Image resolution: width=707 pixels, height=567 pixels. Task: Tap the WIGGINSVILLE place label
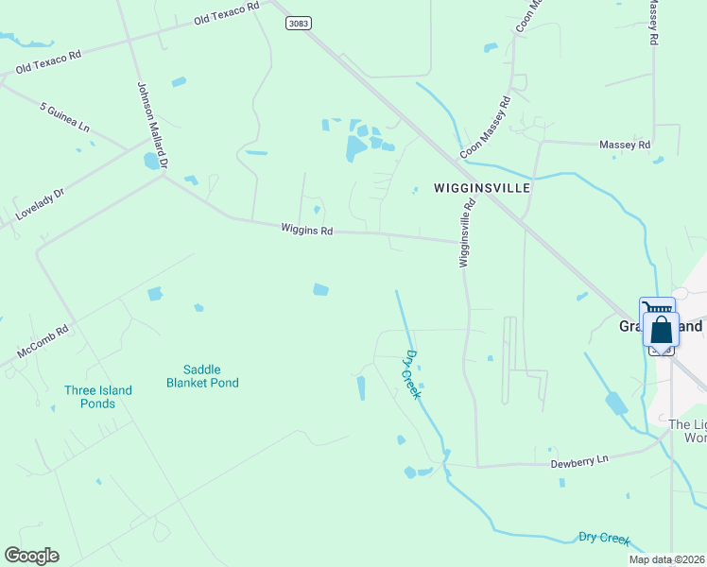tap(481, 188)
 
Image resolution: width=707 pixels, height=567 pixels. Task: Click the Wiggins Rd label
tap(307, 230)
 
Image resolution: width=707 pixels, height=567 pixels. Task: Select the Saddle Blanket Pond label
tap(202, 376)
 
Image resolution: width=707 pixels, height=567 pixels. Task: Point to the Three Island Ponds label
tap(98, 397)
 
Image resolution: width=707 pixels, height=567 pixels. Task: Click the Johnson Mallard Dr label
tap(151, 124)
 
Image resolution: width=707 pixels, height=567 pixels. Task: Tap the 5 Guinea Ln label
tap(64, 117)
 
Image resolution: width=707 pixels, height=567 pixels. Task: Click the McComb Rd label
tap(43, 342)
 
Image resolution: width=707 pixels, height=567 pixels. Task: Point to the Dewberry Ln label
tap(580, 460)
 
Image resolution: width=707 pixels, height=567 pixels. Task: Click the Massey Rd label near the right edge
tap(626, 145)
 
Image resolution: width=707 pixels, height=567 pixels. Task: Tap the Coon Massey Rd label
tap(486, 126)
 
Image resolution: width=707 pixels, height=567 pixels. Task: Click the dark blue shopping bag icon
tap(662, 330)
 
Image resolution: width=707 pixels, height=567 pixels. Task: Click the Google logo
tap(31, 556)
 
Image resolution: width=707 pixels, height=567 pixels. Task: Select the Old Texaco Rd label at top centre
tap(226, 13)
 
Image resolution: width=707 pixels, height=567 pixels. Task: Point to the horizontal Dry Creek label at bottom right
tap(604, 539)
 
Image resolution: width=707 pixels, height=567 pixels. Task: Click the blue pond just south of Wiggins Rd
tap(321, 289)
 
